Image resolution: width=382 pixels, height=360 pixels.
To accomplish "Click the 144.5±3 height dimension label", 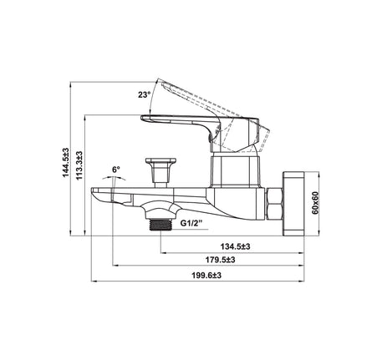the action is (x=65, y=162).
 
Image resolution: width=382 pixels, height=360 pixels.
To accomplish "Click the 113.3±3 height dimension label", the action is (x=79, y=165).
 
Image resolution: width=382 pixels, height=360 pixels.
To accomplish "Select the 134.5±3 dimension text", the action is (x=236, y=246).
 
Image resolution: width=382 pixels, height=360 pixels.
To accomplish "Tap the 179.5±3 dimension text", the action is (x=221, y=260).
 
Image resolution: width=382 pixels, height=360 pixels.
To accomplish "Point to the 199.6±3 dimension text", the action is (x=206, y=276).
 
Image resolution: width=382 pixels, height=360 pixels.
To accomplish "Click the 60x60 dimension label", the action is (x=315, y=203).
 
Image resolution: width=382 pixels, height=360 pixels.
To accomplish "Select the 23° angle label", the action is (x=145, y=94).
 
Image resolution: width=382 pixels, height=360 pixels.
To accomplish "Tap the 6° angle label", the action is (x=116, y=170).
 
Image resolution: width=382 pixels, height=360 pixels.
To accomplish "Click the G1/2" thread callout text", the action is (x=191, y=223).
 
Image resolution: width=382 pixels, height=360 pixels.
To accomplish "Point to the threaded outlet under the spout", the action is (x=160, y=225).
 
